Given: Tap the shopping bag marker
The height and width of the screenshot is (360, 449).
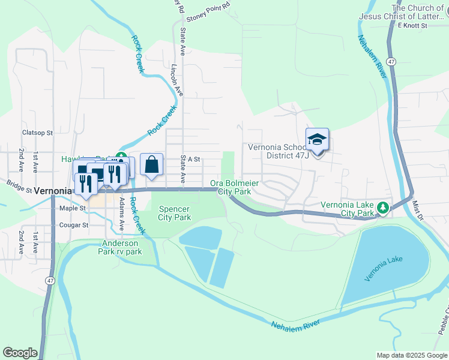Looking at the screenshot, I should [x=152, y=164].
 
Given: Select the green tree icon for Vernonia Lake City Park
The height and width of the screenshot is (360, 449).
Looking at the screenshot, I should [x=382, y=208].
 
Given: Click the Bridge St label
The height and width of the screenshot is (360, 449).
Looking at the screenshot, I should [x=19, y=186].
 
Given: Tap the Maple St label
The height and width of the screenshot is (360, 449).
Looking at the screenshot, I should [x=73, y=208].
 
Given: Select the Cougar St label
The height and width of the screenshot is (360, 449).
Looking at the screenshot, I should [x=74, y=226].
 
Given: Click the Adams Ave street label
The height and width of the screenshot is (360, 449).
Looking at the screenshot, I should [x=122, y=214].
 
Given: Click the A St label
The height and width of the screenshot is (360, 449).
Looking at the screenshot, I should [x=193, y=160].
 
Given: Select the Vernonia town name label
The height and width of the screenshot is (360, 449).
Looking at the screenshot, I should [x=53, y=190].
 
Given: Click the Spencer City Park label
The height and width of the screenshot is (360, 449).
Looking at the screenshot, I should [x=174, y=213].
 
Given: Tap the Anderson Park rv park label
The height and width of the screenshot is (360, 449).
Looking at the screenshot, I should [x=121, y=247].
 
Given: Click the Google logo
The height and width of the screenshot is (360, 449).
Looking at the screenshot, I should [x=20, y=353].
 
